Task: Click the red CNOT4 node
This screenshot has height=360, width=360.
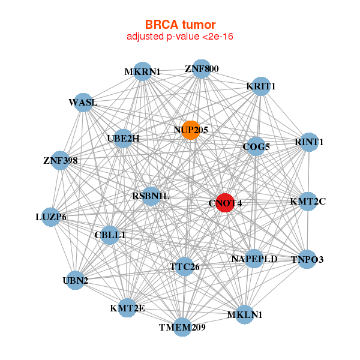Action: click(225, 203)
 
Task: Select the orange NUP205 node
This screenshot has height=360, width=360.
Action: click(190, 130)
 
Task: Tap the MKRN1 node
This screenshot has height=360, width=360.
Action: click(142, 71)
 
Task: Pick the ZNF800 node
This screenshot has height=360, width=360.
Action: click(202, 68)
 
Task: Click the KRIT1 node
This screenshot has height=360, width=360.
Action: click(260, 86)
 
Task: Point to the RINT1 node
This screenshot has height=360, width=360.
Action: click(308, 142)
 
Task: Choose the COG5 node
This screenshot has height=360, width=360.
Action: click(256, 146)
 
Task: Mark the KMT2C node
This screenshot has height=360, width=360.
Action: click(307, 201)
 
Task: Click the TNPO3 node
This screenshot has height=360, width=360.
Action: click(307, 259)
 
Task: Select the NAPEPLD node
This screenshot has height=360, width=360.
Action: click(254, 259)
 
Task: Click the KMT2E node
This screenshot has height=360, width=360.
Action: click(127, 308)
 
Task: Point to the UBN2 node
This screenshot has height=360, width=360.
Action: click(75, 280)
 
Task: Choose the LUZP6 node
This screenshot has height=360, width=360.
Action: click(51, 217)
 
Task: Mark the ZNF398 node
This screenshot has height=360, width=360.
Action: click(60, 160)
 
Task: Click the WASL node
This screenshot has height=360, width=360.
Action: click(83, 103)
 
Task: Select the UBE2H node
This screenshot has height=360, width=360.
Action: click(122, 139)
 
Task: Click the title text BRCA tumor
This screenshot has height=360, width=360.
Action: click(180, 25)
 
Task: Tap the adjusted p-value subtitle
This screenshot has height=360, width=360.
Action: click(180, 37)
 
